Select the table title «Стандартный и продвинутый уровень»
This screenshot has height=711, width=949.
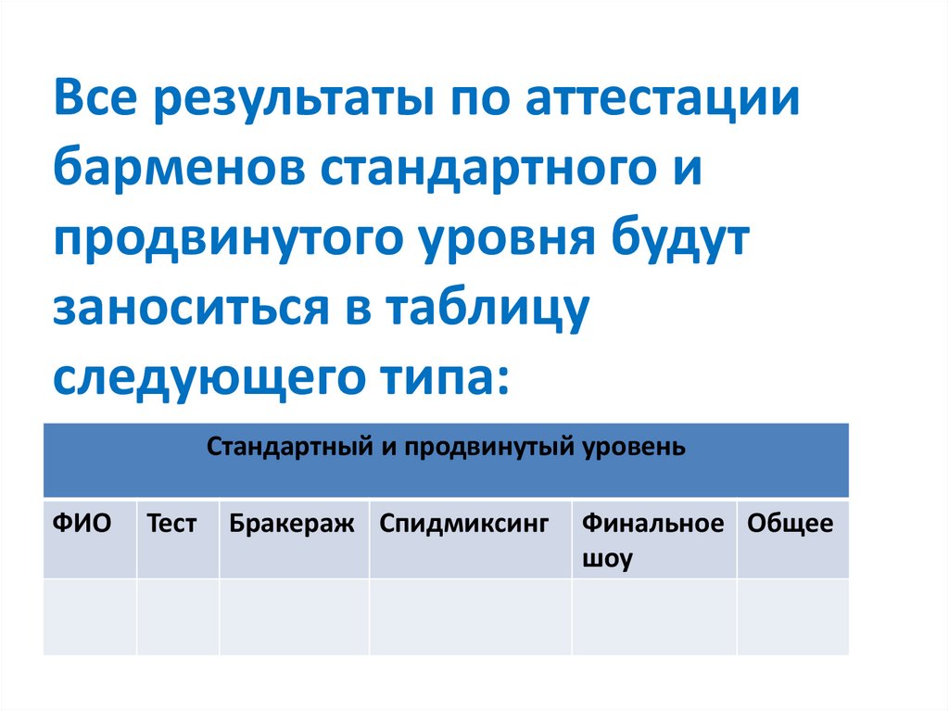click(446, 447)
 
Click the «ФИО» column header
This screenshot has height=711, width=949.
click(82, 525)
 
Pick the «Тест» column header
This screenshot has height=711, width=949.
click(171, 525)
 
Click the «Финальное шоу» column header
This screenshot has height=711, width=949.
click(652, 540)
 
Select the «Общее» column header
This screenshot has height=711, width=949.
click(790, 525)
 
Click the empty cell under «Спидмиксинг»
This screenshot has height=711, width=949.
click(470, 616)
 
